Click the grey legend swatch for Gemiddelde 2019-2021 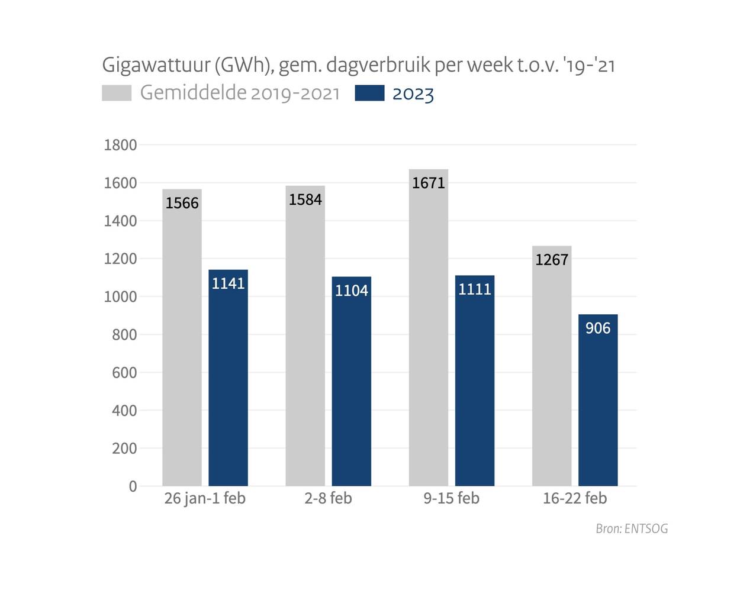[117, 93]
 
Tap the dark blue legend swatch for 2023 [369, 93]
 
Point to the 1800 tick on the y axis [120, 145]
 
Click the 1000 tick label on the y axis [120, 296]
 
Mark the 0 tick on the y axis [133, 486]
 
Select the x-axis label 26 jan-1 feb [205, 498]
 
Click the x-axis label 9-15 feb [451, 498]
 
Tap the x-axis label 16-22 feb [575, 498]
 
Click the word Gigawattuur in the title [155, 64]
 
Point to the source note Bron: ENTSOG [632, 528]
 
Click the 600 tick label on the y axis [124, 373]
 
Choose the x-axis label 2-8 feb [328, 498]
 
